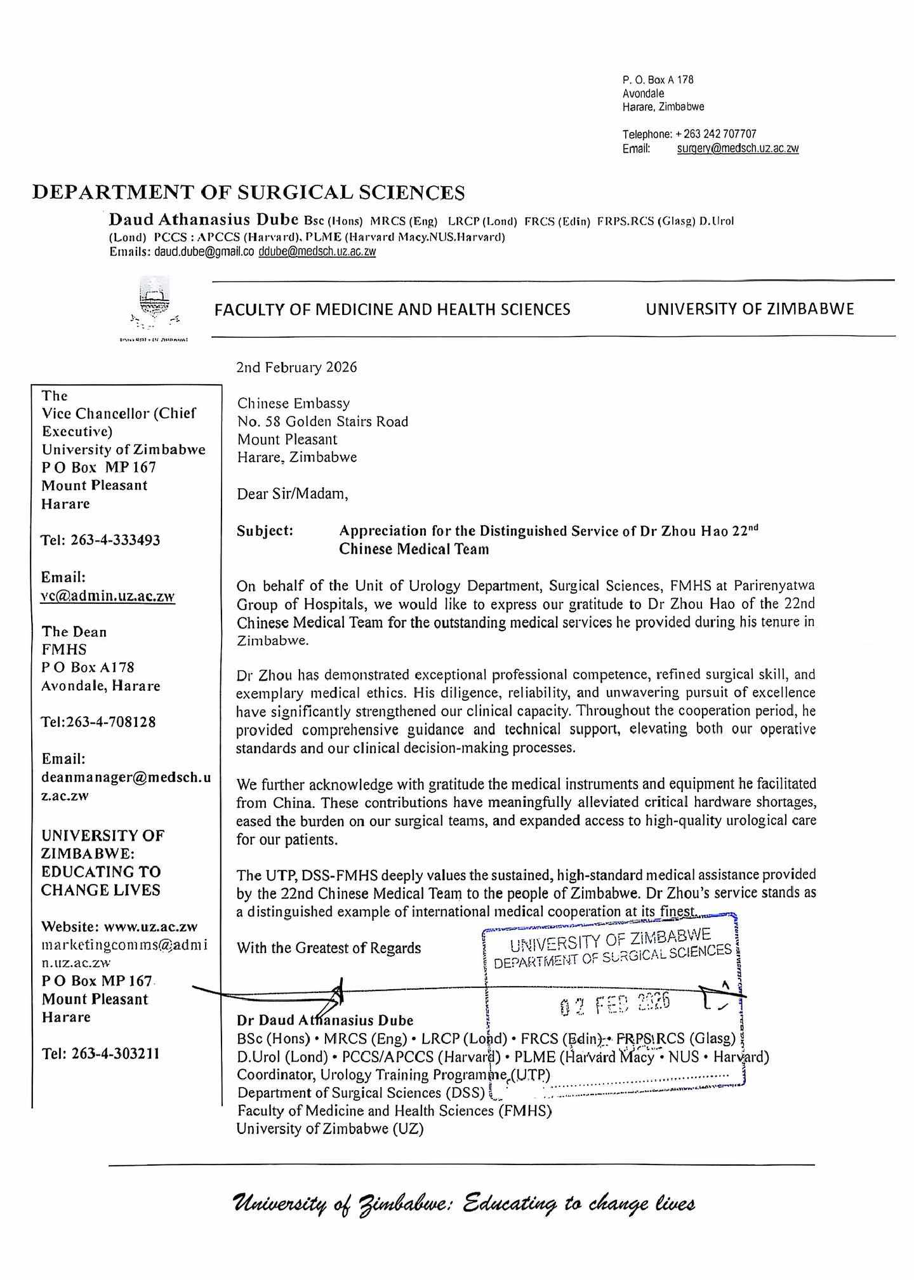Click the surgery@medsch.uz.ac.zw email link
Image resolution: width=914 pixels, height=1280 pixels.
tap(738, 149)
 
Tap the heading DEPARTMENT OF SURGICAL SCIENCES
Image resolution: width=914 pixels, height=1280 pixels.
tap(248, 192)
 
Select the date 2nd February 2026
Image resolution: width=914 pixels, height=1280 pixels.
tap(296, 368)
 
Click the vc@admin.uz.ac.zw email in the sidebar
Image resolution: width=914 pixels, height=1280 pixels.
tap(108, 596)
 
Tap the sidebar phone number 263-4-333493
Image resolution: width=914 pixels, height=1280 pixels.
tap(100, 540)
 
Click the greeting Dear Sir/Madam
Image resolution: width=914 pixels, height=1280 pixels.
tap(293, 493)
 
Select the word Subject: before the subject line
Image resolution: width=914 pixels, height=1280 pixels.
tap(265, 531)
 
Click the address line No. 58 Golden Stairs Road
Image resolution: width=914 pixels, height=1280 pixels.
tap(322, 422)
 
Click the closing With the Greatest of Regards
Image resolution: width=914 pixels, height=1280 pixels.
tap(329, 948)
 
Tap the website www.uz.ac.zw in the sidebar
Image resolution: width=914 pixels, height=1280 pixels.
tap(150, 926)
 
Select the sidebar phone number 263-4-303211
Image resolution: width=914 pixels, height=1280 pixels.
tap(100, 1053)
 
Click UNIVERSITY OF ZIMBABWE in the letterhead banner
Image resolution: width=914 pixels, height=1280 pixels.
tap(750, 309)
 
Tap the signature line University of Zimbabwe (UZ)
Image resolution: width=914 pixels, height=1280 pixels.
tap(330, 1128)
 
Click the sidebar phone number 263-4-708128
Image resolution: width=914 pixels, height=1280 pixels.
tap(98, 722)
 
